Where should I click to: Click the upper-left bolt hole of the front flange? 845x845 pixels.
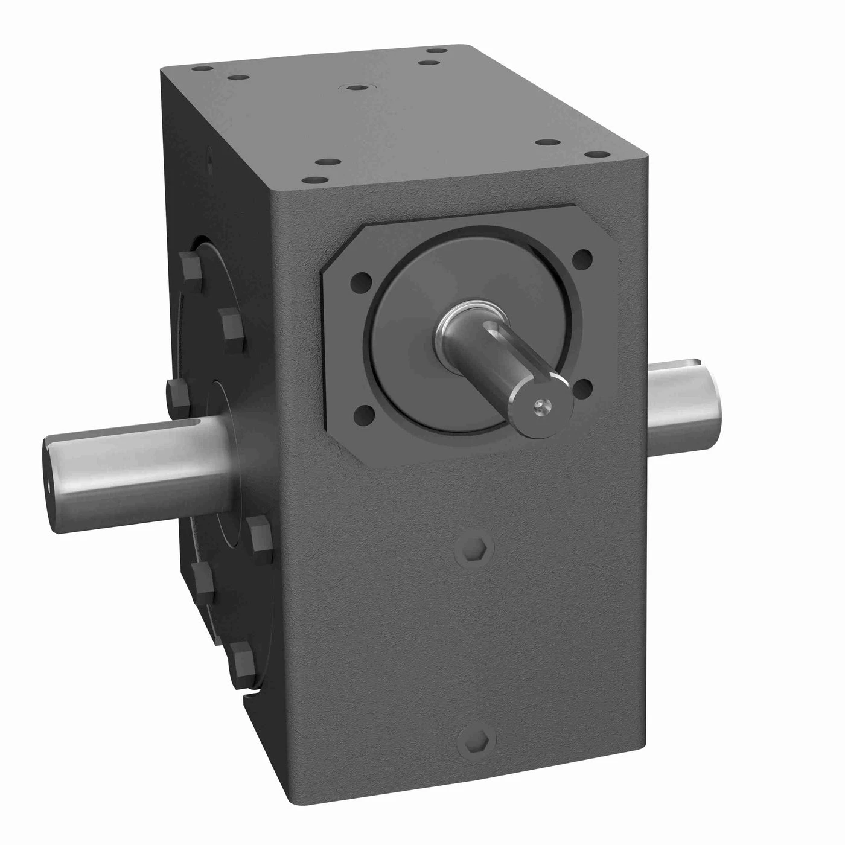point(361,281)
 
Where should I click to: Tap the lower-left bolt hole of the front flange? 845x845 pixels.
point(364,415)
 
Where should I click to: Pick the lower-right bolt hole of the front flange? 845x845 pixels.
point(582,387)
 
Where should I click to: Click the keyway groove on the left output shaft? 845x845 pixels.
point(181,429)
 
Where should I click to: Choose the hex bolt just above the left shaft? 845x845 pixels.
point(175,394)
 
